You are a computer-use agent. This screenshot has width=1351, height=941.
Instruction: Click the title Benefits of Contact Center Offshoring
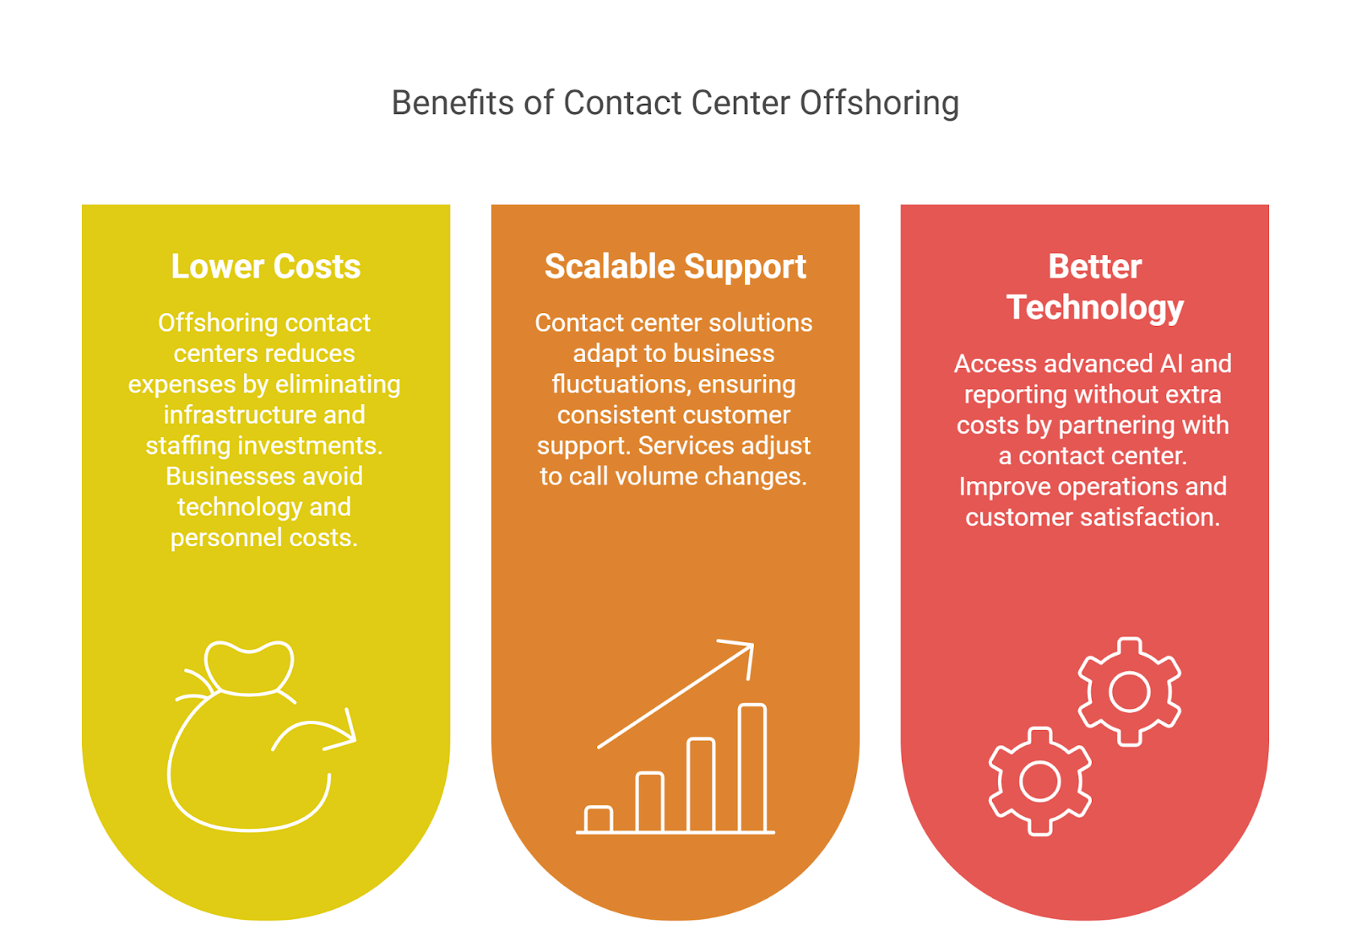tap(675, 103)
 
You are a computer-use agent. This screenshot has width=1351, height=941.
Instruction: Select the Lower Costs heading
tap(266, 267)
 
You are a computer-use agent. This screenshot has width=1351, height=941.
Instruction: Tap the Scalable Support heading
tap(675, 267)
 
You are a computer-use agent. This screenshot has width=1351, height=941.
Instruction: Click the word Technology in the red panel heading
tap(1095, 307)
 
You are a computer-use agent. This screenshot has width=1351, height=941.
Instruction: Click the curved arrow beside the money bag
tap(317, 733)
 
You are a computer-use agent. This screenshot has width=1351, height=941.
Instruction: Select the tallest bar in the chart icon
tap(751, 768)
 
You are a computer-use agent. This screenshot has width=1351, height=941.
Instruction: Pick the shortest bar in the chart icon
tap(599, 819)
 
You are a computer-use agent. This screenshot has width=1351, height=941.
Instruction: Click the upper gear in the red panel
tap(1129, 692)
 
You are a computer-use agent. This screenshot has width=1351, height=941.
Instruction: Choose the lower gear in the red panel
tap(1039, 781)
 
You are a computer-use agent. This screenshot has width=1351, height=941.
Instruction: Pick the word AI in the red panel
tap(1171, 364)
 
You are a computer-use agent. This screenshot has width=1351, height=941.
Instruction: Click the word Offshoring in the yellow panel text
tap(205, 323)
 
